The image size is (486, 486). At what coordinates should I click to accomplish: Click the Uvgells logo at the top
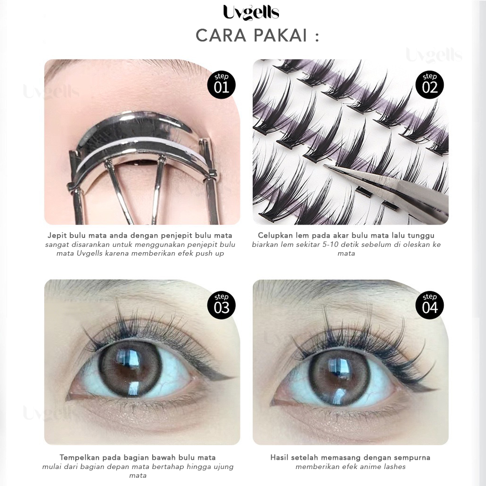click(251, 12)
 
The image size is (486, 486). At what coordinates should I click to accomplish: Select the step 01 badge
click(221, 85)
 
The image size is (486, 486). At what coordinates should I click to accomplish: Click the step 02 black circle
click(430, 85)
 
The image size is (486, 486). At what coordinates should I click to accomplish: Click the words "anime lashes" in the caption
click(383, 467)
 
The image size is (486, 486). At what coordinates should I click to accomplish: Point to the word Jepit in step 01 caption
click(57, 236)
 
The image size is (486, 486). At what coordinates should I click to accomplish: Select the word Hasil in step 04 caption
click(280, 457)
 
